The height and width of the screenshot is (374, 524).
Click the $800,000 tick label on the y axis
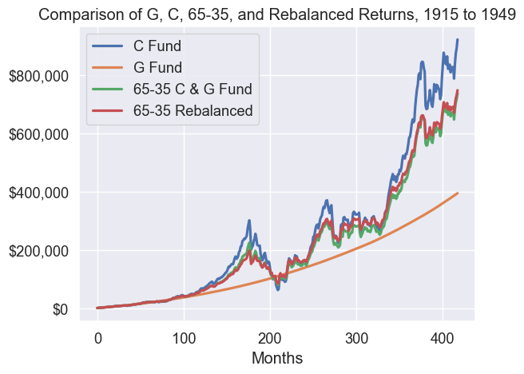(x=38, y=77)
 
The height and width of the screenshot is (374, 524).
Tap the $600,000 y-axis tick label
(x=38, y=135)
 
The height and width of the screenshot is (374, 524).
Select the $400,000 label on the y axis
(x=38, y=193)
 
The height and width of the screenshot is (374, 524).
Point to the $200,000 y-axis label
(x=38, y=252)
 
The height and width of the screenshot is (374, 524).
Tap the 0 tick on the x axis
(x=97, y=337)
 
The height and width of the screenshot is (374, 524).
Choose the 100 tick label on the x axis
(x=184, y=337)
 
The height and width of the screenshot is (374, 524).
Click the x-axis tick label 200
(x=270, y=337)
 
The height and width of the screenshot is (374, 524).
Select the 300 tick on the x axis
(x=356, y=337)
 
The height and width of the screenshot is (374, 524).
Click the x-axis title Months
(x=277, y=359)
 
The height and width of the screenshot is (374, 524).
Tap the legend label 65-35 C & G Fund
(x=192, y=89)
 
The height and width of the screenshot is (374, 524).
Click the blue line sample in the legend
(x=109, y=46)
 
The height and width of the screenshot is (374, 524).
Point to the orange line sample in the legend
(x=109, y=67)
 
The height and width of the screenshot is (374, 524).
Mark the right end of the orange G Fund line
(x=458, y=193)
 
